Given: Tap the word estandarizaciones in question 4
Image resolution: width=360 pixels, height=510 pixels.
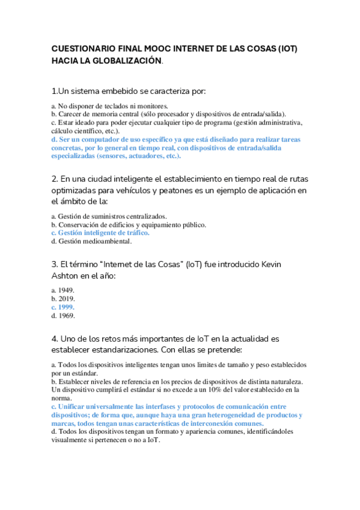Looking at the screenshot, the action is pos(93,350).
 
